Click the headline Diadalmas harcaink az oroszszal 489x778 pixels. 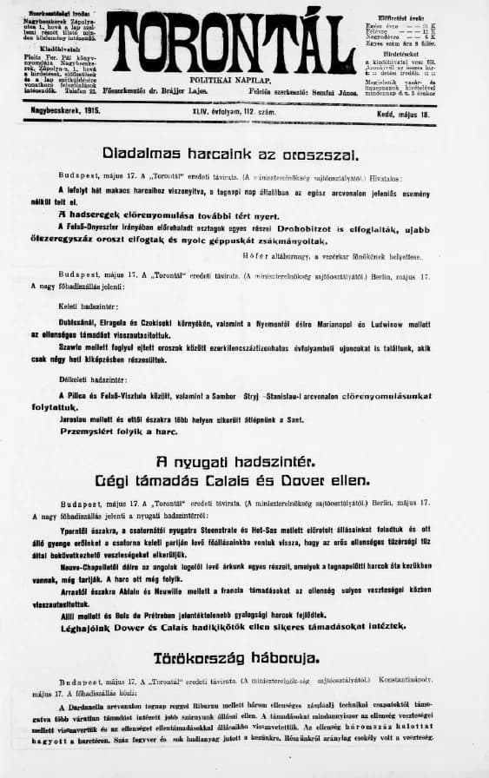pos(230,153)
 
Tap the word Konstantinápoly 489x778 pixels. pos(418,681)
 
